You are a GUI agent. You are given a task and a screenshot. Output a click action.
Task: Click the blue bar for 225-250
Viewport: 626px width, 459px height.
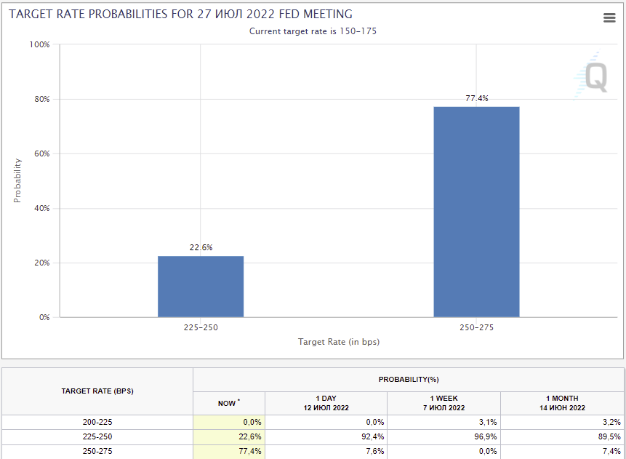(x=201, y=287)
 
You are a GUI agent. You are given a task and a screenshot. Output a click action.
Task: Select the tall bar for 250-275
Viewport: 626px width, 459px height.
(x=476, y=212)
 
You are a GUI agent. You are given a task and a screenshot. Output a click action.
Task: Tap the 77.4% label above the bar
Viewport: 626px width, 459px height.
(x=476, y=98)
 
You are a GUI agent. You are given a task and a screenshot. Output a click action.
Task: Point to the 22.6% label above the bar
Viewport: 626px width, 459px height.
(x=201, y=247)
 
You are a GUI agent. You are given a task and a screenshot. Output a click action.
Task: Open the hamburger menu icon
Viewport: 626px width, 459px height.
(x=609, y=18)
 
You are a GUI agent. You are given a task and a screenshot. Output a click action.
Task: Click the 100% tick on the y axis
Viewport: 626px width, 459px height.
(x=39, y=44)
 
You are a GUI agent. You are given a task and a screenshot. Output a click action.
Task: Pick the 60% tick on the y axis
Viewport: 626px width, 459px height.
(x=41, y=153)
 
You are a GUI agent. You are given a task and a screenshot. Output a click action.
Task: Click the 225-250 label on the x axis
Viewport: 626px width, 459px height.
(x=201, y=327)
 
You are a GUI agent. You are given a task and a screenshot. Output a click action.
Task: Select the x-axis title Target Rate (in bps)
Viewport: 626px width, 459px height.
(x=339, y=341)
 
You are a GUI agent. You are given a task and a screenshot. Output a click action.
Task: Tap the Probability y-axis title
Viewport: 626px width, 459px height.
(x=17, y=180)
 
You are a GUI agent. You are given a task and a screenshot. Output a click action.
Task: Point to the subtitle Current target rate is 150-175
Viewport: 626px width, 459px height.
(x=313, y=31)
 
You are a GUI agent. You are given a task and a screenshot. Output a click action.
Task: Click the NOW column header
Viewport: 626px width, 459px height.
(x=228, y=403)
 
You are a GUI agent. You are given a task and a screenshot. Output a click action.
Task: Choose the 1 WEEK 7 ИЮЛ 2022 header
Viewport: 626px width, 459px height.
(x=444, y=403)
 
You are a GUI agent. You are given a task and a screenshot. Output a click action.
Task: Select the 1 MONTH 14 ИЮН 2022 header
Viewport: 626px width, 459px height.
(x=562, y=403)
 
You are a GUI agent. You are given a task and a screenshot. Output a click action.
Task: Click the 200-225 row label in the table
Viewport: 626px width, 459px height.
(x=97, y=422)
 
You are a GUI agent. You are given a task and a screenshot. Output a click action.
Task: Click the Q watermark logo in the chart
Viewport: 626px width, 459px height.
(x=595, y=76)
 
